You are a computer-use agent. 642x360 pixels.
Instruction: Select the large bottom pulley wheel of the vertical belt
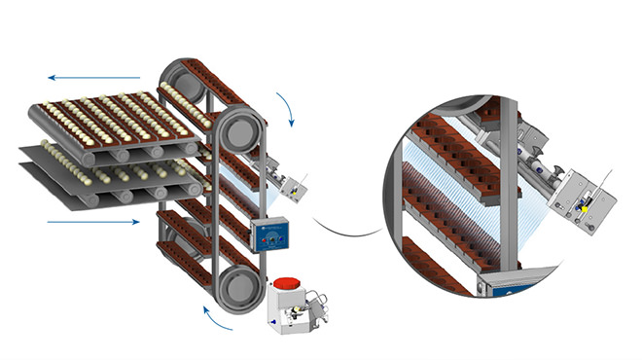[x=238, y=292]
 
